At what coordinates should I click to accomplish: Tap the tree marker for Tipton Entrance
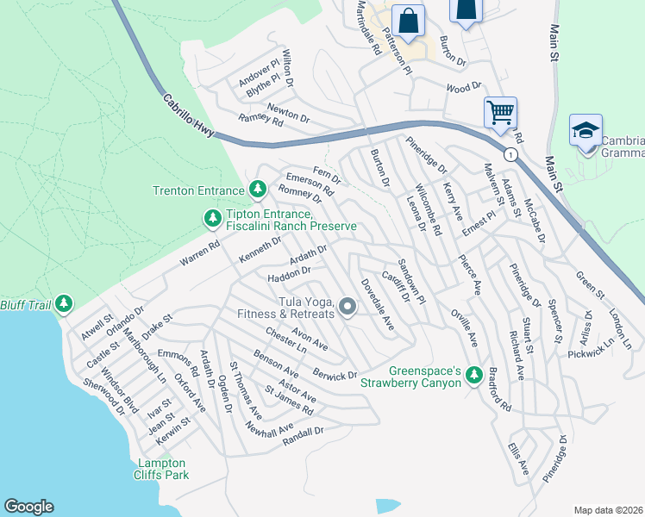coord(212,219)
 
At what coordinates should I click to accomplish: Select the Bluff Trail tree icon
coord(64,303)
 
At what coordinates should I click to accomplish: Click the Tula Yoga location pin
coord(348,307)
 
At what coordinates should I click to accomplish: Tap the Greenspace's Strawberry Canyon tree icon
coord(473,376)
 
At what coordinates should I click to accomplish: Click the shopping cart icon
coord(500,112)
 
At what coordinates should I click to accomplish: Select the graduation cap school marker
coord(586,130)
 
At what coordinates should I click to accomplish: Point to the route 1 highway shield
coord(511,155)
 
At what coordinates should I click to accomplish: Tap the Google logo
coord(29,507)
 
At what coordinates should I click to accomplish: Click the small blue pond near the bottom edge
coord(389,505)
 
